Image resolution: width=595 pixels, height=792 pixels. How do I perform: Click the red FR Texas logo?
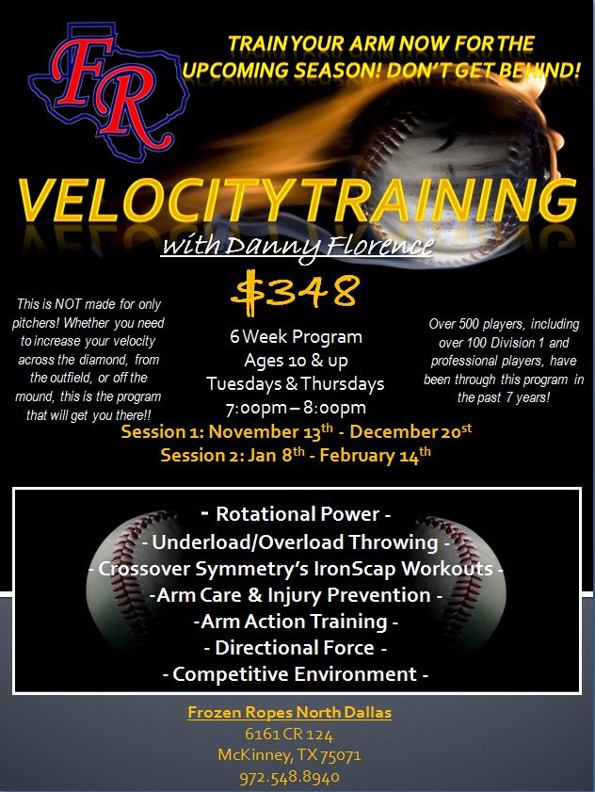(108, 91)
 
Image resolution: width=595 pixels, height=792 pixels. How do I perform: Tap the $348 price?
(296, 289)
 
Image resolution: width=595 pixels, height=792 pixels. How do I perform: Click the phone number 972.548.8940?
(289, 777)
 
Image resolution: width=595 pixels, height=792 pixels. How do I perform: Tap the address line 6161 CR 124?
(289, 734)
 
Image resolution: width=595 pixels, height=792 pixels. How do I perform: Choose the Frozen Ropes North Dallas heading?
(289, 712)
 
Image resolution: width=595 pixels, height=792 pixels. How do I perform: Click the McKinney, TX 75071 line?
(289, 755)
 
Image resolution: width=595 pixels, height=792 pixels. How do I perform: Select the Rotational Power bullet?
(297, 514)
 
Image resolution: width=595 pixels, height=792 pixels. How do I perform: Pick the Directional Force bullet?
(296, 648)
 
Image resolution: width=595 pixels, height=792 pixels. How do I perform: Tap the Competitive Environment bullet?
(296, 674)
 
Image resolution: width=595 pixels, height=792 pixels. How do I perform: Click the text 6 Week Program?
(296, 337)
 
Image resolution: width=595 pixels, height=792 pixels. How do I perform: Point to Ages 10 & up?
(296, 361)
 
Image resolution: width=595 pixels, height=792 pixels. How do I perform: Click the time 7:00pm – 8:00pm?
(296, 408)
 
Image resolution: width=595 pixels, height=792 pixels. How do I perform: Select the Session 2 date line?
(296, 455)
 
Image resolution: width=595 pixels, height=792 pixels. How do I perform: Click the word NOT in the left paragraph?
(68, 304)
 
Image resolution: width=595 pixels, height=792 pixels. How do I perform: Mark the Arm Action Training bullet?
(296, 622)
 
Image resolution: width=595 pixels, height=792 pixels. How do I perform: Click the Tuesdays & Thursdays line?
(296, 384)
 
